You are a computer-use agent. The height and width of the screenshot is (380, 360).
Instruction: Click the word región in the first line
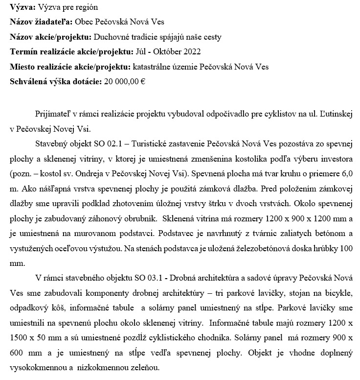tap(86, 8)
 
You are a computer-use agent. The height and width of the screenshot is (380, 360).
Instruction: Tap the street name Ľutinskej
tap(334, 114)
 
